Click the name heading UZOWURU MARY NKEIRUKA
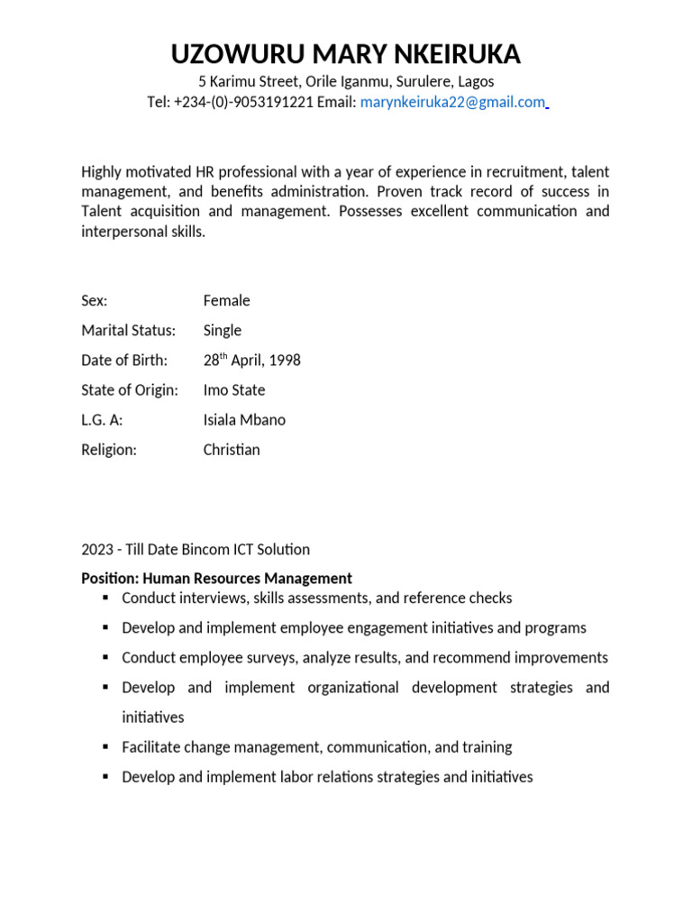pos(346,55)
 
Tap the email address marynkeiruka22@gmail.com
pos(452,103)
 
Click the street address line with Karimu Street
pos(346,81)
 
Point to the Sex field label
pos(95,301)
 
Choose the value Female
pos(227,301)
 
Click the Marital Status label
pos(129,331)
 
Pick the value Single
pos(223,331)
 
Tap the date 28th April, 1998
pos(252,361)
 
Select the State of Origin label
pos(130,390)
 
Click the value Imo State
pos(234,390)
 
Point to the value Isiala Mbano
pos(244,420)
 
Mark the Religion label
pos(109,450)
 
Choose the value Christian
pos(232,450)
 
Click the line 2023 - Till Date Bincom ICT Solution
pos(196,550)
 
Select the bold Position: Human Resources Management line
pos(217,579)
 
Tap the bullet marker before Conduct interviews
pos(105,599)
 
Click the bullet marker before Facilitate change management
pos(105,747)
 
